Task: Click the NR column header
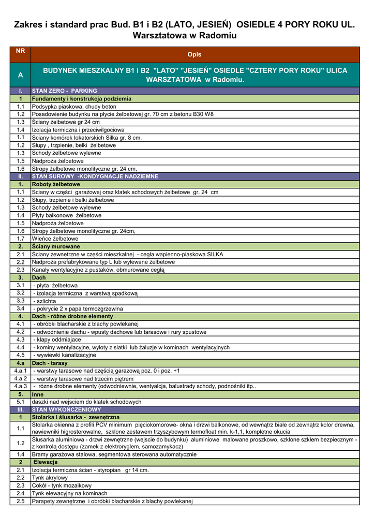pyautogui.click(x=20, y=51)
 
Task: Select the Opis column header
pyautogui.click(x=194, y=54)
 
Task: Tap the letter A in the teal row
pyautogui.click(x=20, y=75)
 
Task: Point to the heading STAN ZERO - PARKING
pyautogui.click(x=65, y=91)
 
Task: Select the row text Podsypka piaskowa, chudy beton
pyautogui.click(x=74, y=106)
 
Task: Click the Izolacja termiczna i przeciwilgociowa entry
pyautogui.click(x=78, y=130)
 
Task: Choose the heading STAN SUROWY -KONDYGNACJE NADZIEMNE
pyautogui.click(x=95, y=176)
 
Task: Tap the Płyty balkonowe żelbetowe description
pyautogui.click(x=67, y=215)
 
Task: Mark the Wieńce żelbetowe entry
pyautogui.click(x=55, y=239)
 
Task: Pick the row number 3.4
pyautogui.click(x=20, y=308)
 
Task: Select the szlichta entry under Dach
pyautogui.click(x=45, y=301)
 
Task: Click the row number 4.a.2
pyautogui.click(x=20, y=378)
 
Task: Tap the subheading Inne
pyautogui.click(x=38, y=394)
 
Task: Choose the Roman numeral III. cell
pyautogui.click(x=20, y=409)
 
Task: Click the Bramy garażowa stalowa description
pyautogui.click(x=114, y=454)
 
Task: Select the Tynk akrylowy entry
pyautogui.click(x=50, y=478)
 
